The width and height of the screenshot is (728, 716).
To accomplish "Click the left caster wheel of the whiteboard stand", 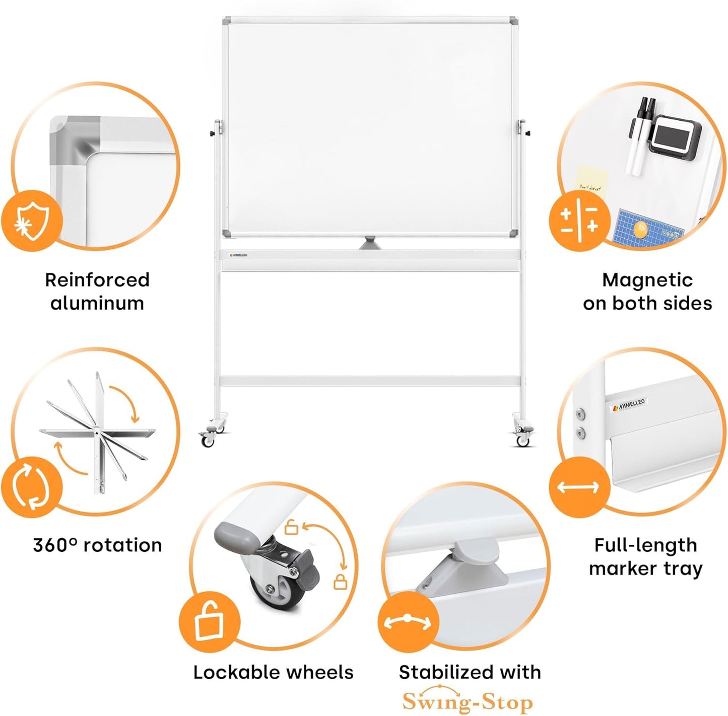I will tap(208, 441).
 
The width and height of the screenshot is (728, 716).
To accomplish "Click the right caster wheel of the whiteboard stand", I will tap(523, 441).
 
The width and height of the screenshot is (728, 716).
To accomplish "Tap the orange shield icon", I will tap(32, 220).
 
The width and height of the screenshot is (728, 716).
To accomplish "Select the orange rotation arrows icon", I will tap(31, 487).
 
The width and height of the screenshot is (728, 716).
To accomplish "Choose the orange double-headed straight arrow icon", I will tap(578, 487).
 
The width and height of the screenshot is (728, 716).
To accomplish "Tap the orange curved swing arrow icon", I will tap(408, 622).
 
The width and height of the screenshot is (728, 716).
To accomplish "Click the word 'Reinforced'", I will tap(97, 280).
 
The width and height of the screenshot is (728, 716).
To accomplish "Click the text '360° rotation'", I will tap(97, 545).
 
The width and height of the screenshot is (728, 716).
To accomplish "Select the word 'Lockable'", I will tap(229, 672).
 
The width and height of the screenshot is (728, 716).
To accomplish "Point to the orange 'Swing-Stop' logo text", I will tap(468, 701).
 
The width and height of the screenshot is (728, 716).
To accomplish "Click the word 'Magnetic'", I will tap(647, 280).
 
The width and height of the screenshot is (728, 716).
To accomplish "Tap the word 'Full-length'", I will tap(645, 545).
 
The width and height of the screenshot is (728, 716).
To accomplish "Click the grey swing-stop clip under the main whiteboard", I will tap(370, 243).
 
